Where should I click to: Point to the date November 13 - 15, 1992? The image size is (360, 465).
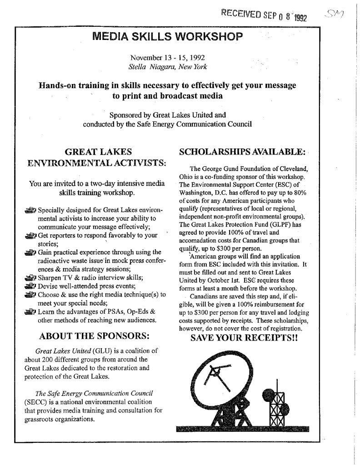coord(167,58)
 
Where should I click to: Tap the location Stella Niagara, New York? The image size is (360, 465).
coord(168,67)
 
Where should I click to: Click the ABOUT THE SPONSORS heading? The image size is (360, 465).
coord(95,336)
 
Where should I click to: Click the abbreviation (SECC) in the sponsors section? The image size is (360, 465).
coord(35,401)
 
